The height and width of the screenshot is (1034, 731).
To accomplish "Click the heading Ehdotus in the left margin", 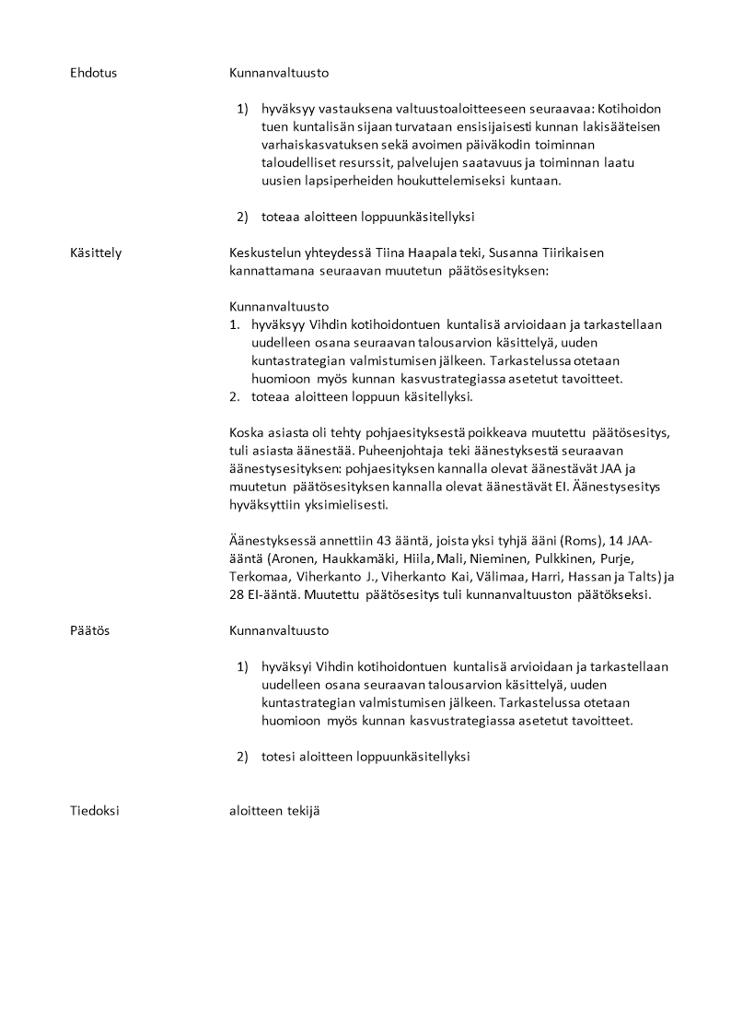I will pos(93,72).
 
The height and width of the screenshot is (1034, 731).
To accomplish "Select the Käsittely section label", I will pos(96,253).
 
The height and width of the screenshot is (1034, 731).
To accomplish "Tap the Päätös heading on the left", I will pos(89,631).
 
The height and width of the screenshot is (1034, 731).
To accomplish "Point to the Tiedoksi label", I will pos(95,811).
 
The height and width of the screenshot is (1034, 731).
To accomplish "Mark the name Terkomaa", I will pos(259,576).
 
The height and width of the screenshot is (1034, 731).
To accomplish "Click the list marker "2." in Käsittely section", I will pos(235,396).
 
